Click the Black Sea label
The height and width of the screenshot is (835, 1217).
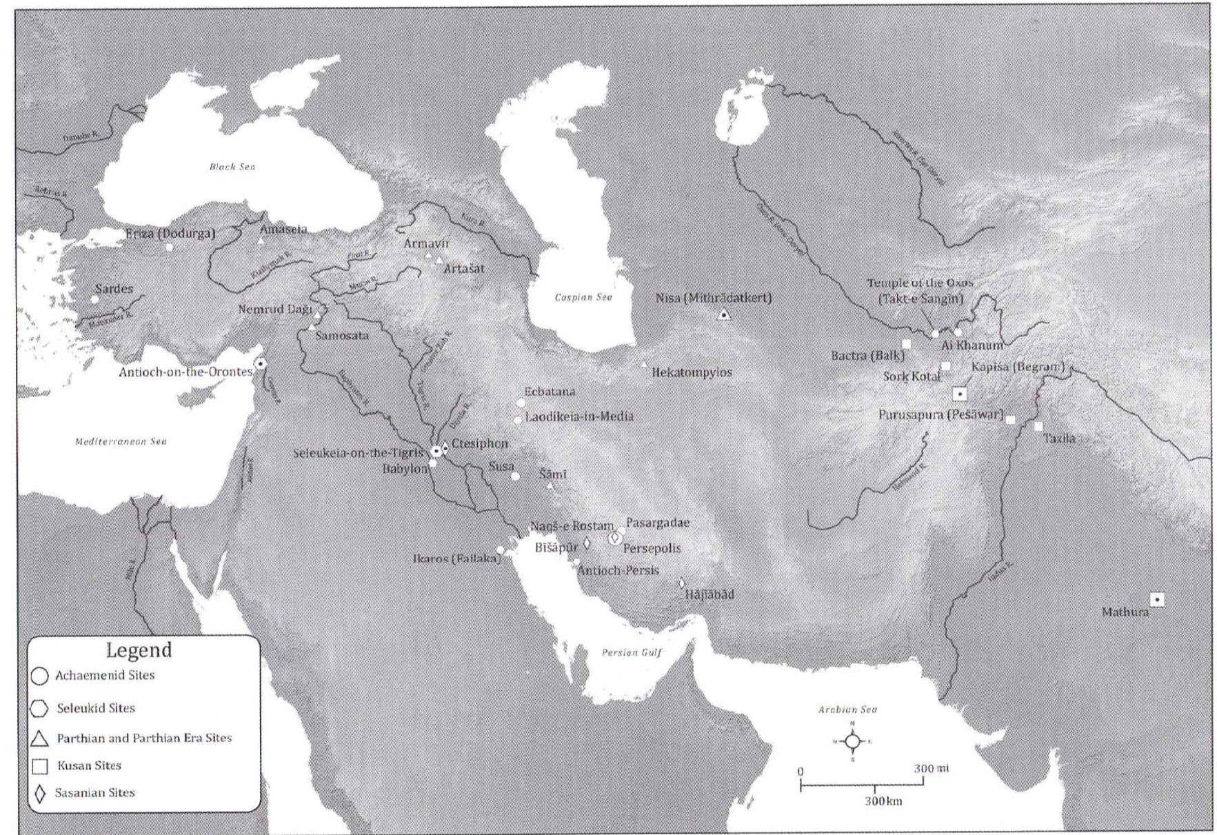232,167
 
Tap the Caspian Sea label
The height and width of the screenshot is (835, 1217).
583,297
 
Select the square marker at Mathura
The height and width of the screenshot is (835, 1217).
1158,600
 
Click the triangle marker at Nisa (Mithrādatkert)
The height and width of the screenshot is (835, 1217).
724,315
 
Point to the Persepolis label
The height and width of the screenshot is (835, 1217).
652,549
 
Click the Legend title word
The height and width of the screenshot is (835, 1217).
139,650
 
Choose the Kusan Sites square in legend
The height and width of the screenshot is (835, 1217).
41,766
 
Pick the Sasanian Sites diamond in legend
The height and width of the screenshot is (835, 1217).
41,794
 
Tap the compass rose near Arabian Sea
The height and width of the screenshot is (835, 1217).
853,741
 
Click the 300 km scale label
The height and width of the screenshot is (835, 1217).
883,801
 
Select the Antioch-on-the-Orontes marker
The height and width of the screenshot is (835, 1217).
261,363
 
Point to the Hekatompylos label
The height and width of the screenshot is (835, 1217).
692,372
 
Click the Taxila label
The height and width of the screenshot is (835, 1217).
1059,439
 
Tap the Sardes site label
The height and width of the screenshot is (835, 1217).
114,289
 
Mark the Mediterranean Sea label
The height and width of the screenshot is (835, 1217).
121,441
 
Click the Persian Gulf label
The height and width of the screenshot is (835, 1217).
632,652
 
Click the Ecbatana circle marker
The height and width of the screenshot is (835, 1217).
521,403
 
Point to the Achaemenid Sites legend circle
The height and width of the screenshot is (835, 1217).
40,676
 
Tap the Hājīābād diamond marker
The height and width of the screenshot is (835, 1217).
682,583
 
